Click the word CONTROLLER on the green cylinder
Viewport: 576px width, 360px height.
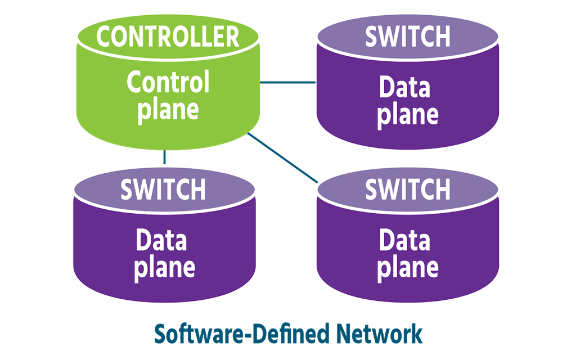[x=168, y=37]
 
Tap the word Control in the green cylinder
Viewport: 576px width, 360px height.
[x=168, y=83]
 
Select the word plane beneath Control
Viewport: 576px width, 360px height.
[x=168, y=110]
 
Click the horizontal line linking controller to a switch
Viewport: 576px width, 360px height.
[x=288, y=83]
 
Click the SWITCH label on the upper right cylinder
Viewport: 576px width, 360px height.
[x=407, y=37]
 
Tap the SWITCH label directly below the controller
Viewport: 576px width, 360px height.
[x=163, y=190]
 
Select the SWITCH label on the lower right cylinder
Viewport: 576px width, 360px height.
[x=407, y=190]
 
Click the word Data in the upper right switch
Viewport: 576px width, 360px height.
[x=404, y=88]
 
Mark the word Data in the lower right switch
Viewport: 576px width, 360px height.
[x=404, y=241]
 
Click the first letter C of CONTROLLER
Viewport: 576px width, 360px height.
[x=103, y=37]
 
